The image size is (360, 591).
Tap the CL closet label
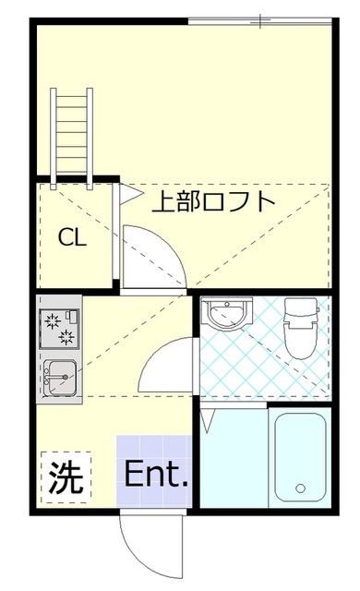73,237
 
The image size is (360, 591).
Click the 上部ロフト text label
212,200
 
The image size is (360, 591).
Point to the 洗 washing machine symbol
65,476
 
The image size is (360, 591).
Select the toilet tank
301,308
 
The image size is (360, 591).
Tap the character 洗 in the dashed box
65,476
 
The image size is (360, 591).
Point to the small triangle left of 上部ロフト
129,195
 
